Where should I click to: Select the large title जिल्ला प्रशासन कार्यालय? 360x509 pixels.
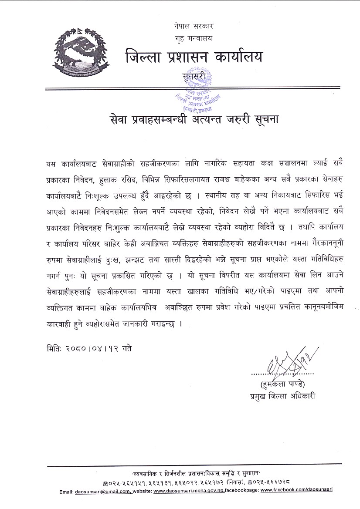pyautogui.click(x=194, y=57)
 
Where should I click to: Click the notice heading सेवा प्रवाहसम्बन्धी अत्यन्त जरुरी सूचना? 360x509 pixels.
pyautogui.click(x=194, y=119)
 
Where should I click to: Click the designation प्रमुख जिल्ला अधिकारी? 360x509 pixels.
pyautogui.click(x=280, y=396)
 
